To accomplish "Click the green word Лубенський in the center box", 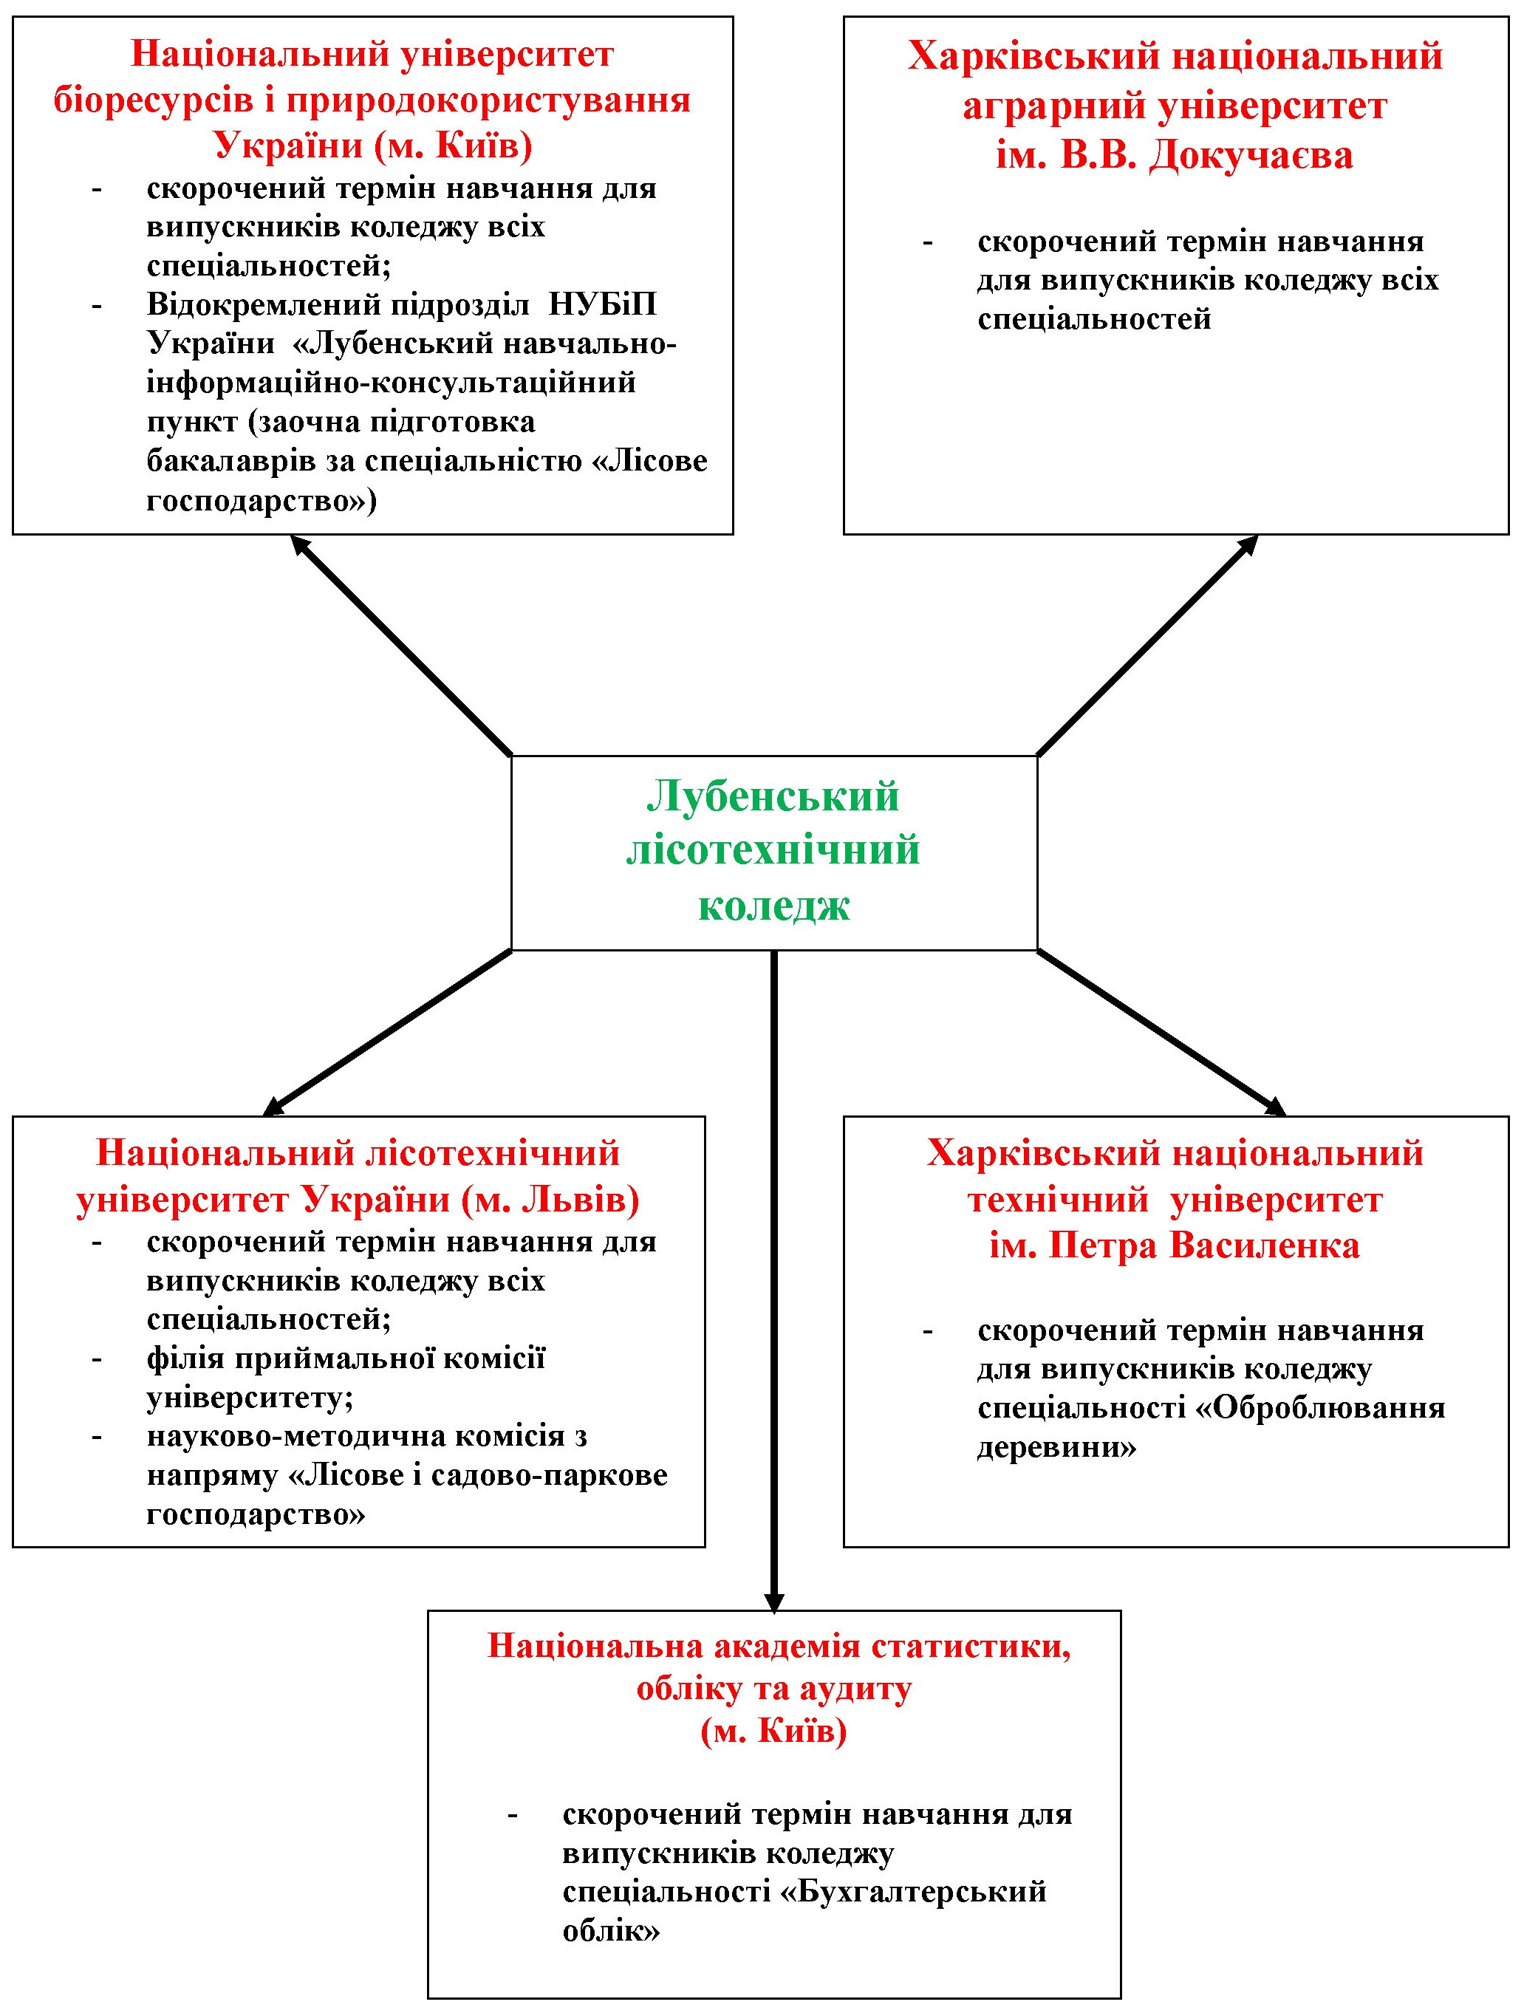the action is coord(773,798).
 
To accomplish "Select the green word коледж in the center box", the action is coord(774,906).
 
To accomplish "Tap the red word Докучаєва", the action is coord(1251,156).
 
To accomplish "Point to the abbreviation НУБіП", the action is coord(602,304).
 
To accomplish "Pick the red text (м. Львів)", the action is coord(550,1200).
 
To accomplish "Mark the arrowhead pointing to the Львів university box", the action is coord(271,1107).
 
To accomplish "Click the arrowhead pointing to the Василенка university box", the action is coord(1277,1107).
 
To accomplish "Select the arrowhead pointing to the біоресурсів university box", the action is coord(298,543).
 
